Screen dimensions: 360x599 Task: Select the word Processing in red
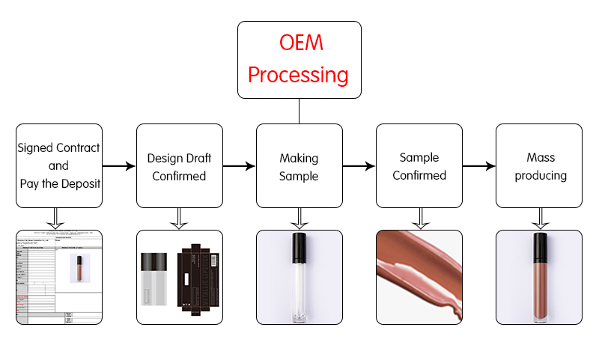[x=299, y=75]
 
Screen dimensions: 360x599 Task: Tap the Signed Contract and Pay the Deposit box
[x=58, y=165]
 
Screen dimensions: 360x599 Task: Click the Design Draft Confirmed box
[x=179, y=165]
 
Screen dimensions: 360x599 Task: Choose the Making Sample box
[x=299, y=165]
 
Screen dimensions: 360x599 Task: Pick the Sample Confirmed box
[x=419, y=165]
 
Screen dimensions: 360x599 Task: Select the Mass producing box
[x=538, y=165]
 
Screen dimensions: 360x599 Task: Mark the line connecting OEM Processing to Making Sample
[x=299, y=111]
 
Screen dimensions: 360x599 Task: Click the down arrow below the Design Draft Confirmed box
[x=179, y=218]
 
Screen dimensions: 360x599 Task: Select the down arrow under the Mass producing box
[x=538, y=218]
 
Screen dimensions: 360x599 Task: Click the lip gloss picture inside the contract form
[x=76, y=268]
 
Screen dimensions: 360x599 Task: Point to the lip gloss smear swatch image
[x=419, y=277]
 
